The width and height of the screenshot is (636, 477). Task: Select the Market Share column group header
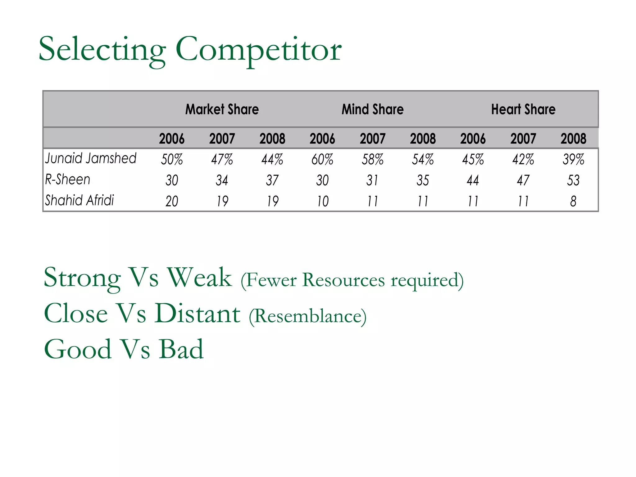point(222,109)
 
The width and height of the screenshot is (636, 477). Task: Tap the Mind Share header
point(373,109)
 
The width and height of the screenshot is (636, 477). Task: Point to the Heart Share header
point(523,109)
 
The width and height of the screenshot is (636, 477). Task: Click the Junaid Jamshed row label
point(91,158)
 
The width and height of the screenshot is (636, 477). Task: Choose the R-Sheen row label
point(68,179)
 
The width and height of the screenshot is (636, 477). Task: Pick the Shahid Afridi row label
point(79,200)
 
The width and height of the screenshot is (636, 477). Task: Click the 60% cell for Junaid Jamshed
point(322,160)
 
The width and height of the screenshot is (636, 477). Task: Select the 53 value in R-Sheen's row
point(573,180)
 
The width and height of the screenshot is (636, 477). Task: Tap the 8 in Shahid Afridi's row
point(573,201)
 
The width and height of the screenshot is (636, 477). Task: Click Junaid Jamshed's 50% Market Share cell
point(172,160)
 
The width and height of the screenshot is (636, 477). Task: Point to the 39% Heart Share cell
point(573,160)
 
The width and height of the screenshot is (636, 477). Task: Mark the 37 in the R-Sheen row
point(272,180)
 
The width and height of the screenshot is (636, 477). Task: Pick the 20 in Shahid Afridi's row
point(172,201)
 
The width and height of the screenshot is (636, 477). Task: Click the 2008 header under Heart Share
point(573,139)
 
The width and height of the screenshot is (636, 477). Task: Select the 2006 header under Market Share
point(172,139)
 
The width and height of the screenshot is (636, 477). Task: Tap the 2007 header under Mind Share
point(373,139)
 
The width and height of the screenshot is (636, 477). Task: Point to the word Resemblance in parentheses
point(308,316)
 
